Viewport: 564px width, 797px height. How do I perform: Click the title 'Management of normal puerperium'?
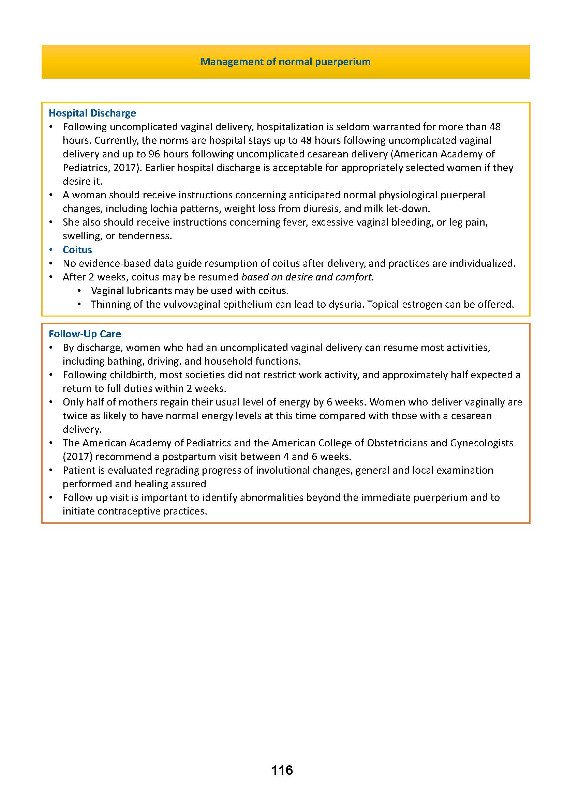point(285,62)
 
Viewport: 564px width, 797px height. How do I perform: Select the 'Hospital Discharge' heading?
point(92,113)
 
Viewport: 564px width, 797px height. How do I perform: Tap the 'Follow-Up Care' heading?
point(85,334)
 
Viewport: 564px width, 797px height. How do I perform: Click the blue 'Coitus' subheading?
point(77,249)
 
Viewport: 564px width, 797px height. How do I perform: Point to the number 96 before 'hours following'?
point(154,154)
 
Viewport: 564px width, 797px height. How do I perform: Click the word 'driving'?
point(164,361)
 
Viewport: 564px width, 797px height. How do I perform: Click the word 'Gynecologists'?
point(482,443)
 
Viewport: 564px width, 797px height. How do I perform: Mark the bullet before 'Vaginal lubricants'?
point(79,291)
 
